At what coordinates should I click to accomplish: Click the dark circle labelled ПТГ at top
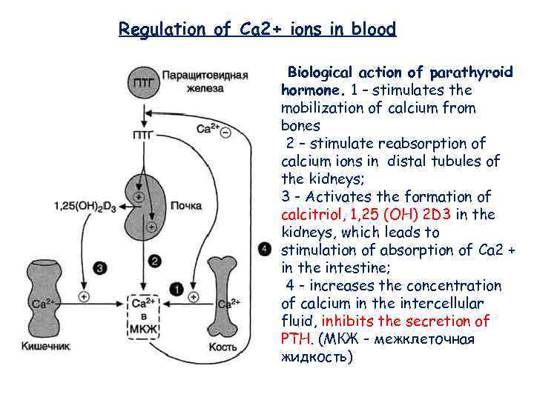coord(143,81)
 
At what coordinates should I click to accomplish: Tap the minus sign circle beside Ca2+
coord(225,133)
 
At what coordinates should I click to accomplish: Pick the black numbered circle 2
coord(154,260)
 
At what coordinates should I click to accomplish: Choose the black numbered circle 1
coord(177,287)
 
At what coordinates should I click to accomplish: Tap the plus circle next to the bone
coord(194,298)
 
